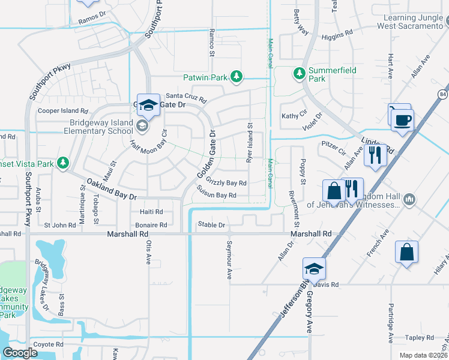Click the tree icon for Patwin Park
(x=238, y=76)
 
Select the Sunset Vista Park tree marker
(x=62, y=163)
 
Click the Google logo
(x=20, y=352)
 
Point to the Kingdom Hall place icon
(x=410, y=199)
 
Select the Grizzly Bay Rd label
(x=226, y=182)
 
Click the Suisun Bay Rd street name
(x=216, y=196)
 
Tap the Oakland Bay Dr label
(x=112, y=189)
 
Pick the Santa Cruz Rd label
(x=186, y=95)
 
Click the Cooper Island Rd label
(x=62, y=111)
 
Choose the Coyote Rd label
(x=48, y=344)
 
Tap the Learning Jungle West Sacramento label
(x=410, y=22)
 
